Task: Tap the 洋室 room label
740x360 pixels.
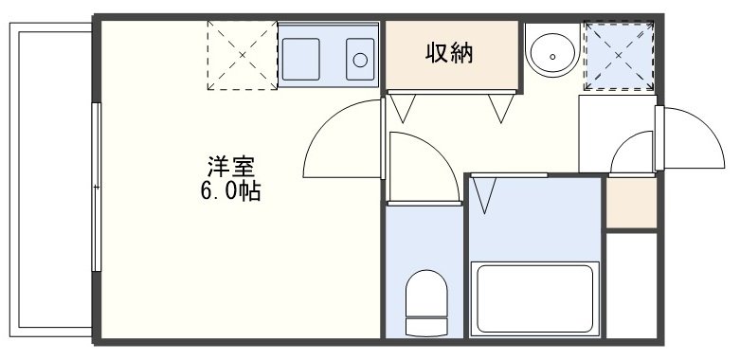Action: pos(231,167)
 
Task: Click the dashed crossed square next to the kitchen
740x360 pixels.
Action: pos(242,55)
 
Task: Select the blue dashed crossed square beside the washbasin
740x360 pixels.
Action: pos(619,54)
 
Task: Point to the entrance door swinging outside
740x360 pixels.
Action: pos(690,139)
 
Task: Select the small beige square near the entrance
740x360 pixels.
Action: pos(630,202)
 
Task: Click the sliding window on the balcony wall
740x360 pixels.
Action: pos(96,188)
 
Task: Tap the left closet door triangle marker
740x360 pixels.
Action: pos(404,108)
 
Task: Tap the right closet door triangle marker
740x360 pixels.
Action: pos(500,108)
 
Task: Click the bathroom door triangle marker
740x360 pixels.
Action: pos(486,194)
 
